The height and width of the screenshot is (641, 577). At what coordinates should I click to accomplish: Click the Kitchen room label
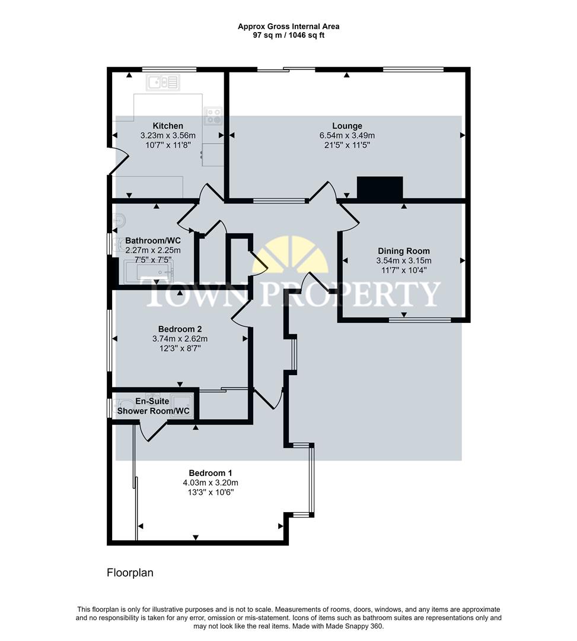pyautogui.click(x=168, y=126)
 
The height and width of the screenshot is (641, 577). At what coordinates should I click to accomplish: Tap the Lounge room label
pyautogui.click(x=347, y=126)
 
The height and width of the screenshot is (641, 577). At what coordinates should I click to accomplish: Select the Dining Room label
pyautogui.click(x=404, y=251)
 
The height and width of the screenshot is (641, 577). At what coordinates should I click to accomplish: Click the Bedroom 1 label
pyautogui.click(x=210, y=473)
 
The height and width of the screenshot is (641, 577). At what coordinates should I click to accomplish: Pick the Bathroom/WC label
pyautogui.click(x=153, y=240)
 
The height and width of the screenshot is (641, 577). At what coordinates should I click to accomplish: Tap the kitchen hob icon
pyautogui.click(x=212, y=116)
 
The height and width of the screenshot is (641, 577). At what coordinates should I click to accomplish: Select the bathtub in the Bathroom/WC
pyautogui.click(x=149, y=273)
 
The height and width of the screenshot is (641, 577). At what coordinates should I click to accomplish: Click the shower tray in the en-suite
pyautogui.click(x=181, y=405)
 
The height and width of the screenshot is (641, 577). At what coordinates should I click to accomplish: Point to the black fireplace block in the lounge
pyautogui.click(x=380, y=188)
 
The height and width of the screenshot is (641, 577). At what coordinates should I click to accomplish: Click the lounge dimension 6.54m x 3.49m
pyautogui.click(x=347, y=135)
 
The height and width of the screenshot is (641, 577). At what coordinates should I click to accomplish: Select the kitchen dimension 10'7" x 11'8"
pyautogui.click(x=168, y=145)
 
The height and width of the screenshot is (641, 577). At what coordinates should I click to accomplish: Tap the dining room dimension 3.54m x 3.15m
pyautogui.click(x=404, y=261)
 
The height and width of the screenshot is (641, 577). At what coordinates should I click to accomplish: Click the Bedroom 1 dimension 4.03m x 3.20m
pyautogui.click(x=210, y=483)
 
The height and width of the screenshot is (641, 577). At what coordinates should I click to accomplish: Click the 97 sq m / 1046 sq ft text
pyautogui.click(x=288, y=35)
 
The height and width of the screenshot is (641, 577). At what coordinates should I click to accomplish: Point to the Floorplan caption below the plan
pyautogui.click(x=130, y=573)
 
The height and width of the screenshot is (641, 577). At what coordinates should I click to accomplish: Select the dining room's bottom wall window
pyautogui.click(x=420, y=320)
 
